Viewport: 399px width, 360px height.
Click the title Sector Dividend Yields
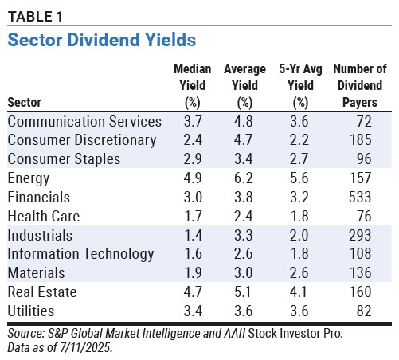pyautogui.click(x=102, y=40)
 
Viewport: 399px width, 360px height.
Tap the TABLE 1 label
pyautogui.click(x=35, y=17)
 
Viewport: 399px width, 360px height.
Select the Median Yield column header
pyautogui.click(x=193, y=85)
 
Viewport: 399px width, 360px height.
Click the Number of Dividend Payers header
pyautogui.click(x=360, y=85)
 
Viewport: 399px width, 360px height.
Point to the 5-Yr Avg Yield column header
pyautogui.click(x=300, y=85)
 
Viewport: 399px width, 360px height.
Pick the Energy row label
pyautogui.click(x=29, y=178)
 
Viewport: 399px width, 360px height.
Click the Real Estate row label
pyautogui.click(x=42, y=292)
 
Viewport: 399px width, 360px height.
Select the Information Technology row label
pyautogui.click(x=80, y=254)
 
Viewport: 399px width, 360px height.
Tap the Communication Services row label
pyautogui.click(x=84, y=122)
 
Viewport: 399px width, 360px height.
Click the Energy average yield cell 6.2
pyautogui.click(x=244, y=178)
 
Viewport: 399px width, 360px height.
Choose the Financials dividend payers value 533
pyautogui.click(x=360, y=198)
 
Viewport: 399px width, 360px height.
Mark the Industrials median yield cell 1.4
pyautogui.click(x=193, y=235)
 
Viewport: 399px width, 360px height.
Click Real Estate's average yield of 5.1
pyautogui.click(x=242, y=292)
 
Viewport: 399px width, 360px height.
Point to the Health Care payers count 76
pyautogui.click(x=364, y=216)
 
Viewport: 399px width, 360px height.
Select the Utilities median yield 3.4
pyautogui.click(x=193, y=311)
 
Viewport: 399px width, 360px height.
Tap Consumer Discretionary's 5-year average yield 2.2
pyautogui.click(x=299, y=140)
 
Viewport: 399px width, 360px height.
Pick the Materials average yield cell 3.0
pyautogui.click(x=243, y=273)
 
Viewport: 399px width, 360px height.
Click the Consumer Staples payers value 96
pyautogui.click(x=364, y=159)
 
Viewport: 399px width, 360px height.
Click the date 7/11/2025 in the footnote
pyautogui.click(x=84, y=347)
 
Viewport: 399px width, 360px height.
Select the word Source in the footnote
pyautogui.click(x=25, y=334)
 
